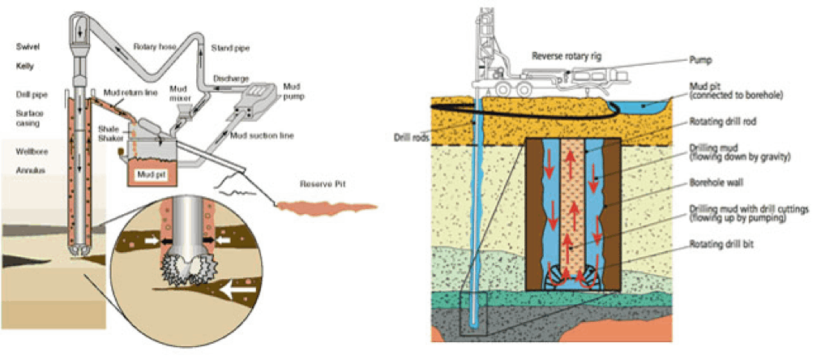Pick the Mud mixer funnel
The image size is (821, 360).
[x=181, y=110]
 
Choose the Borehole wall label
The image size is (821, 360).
[x=712, y=183]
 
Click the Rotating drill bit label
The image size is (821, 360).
[x=721, y=244]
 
